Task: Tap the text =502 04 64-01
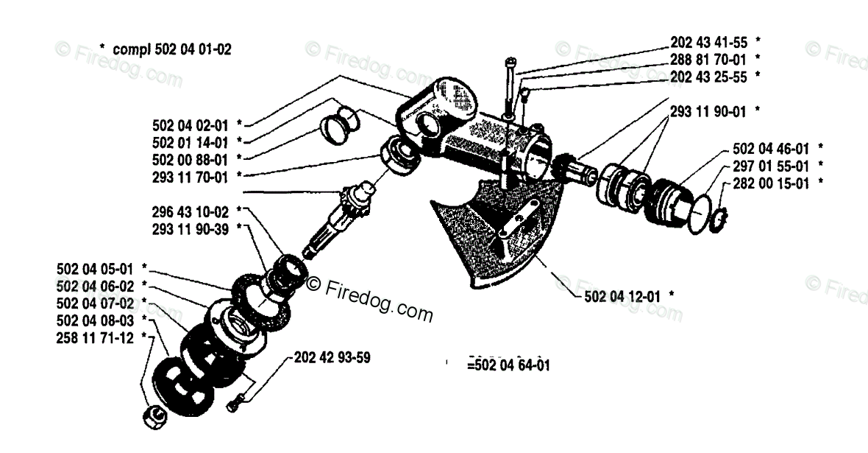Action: pyautogui.click(x=508, y=364)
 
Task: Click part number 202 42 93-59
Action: pyautogui.click(x=332, y=358)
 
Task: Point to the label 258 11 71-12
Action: pyautogui.click(x=95, y=337)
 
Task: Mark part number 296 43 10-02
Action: pyautogui.click(x=188, y=211)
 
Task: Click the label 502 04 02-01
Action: pyautogui.click(x=188, y=124)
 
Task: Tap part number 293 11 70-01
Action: pyautogui.click(x=188, y=176)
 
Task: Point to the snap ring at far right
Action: pyautogui.click(x=717, y=218)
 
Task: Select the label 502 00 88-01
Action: pyautogui.click(x=188, y=158)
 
